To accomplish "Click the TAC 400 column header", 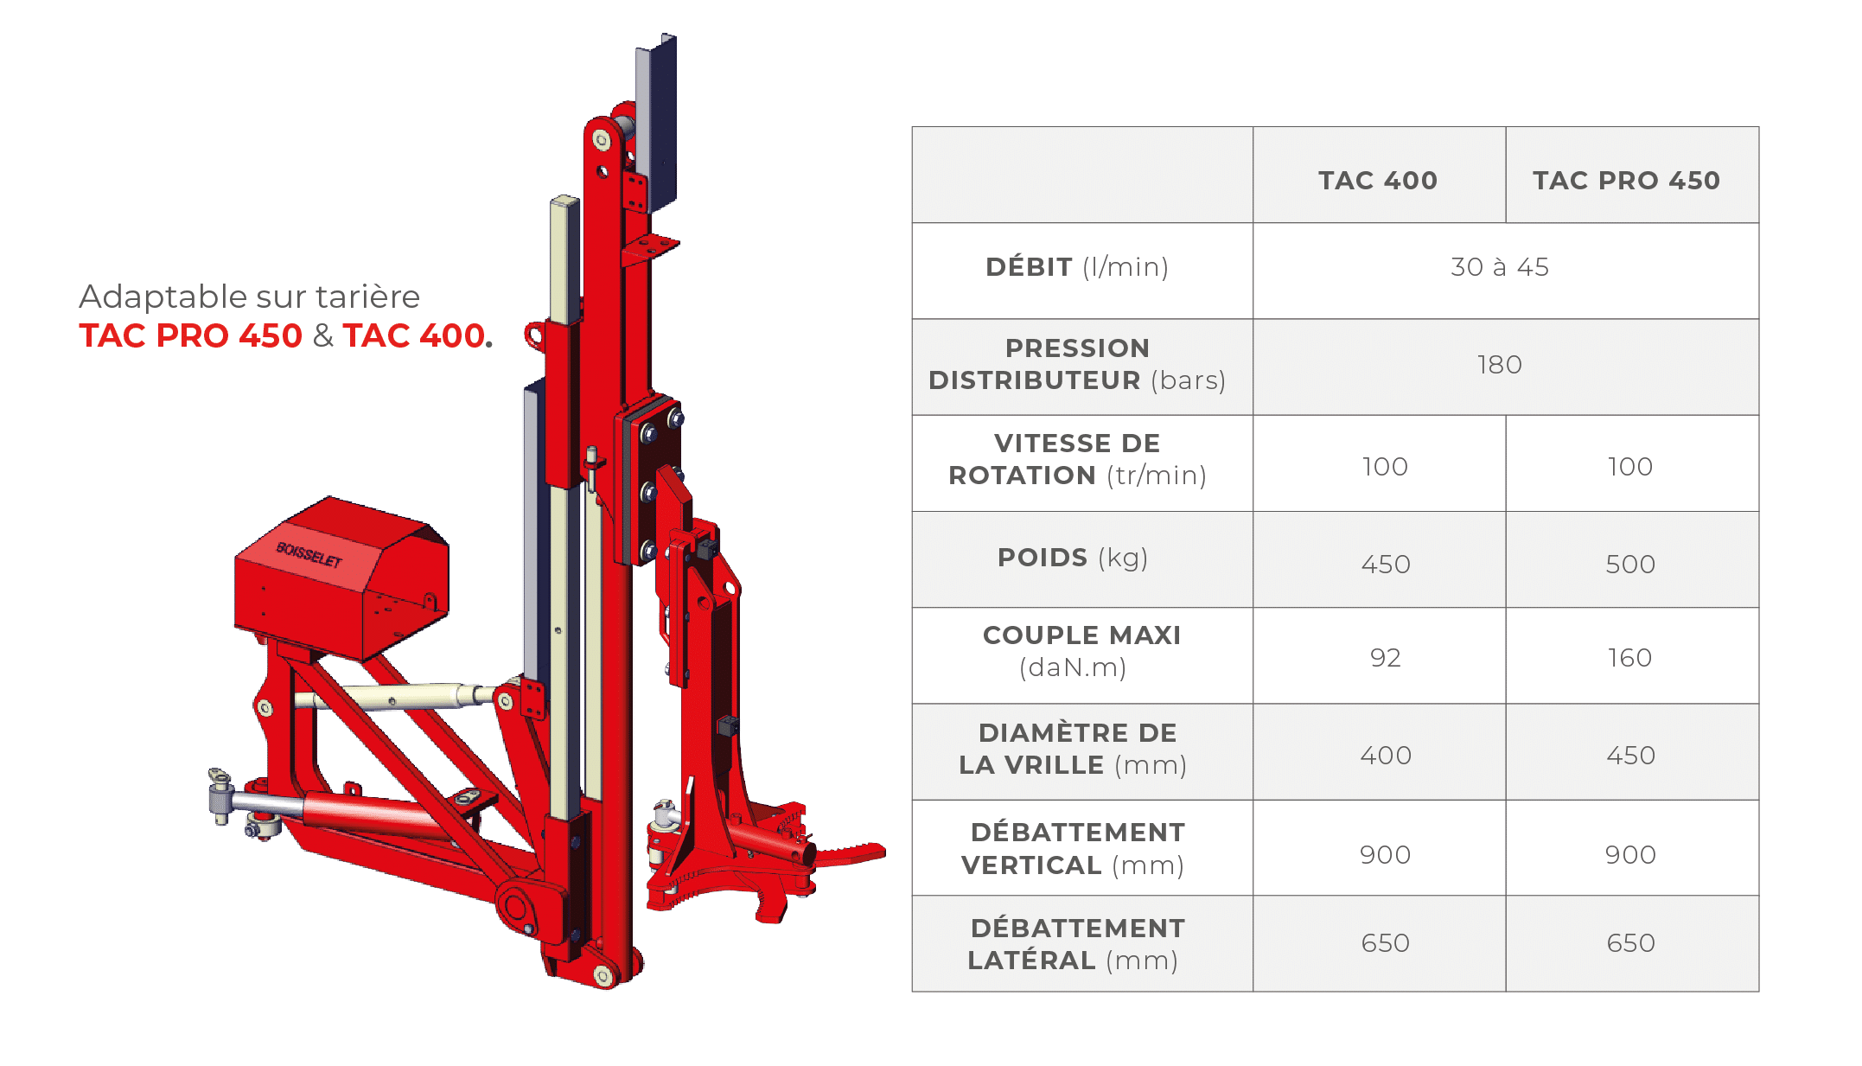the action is pyautogui.click(x=1377, y=180).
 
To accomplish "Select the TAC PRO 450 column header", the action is pyautogui.click(x=1626, y=180).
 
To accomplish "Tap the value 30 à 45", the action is pyautogui.click(x=1500, y=266).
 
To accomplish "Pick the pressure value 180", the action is pyautogui.click(x=1500, y=364).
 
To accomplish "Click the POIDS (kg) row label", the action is pyautogui.click(x=1073, y=558).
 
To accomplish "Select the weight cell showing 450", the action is pyautogui.click(x=1386, y=564).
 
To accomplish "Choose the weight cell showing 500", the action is pyautogui.click(x=1630, y=564).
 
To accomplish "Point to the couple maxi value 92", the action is pyautogui.click(x=1385, y=657).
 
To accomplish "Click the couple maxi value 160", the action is pyautogui.click(x=1629, y=657).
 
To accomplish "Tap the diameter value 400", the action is pyautogui.click(x=1386, y=755).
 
